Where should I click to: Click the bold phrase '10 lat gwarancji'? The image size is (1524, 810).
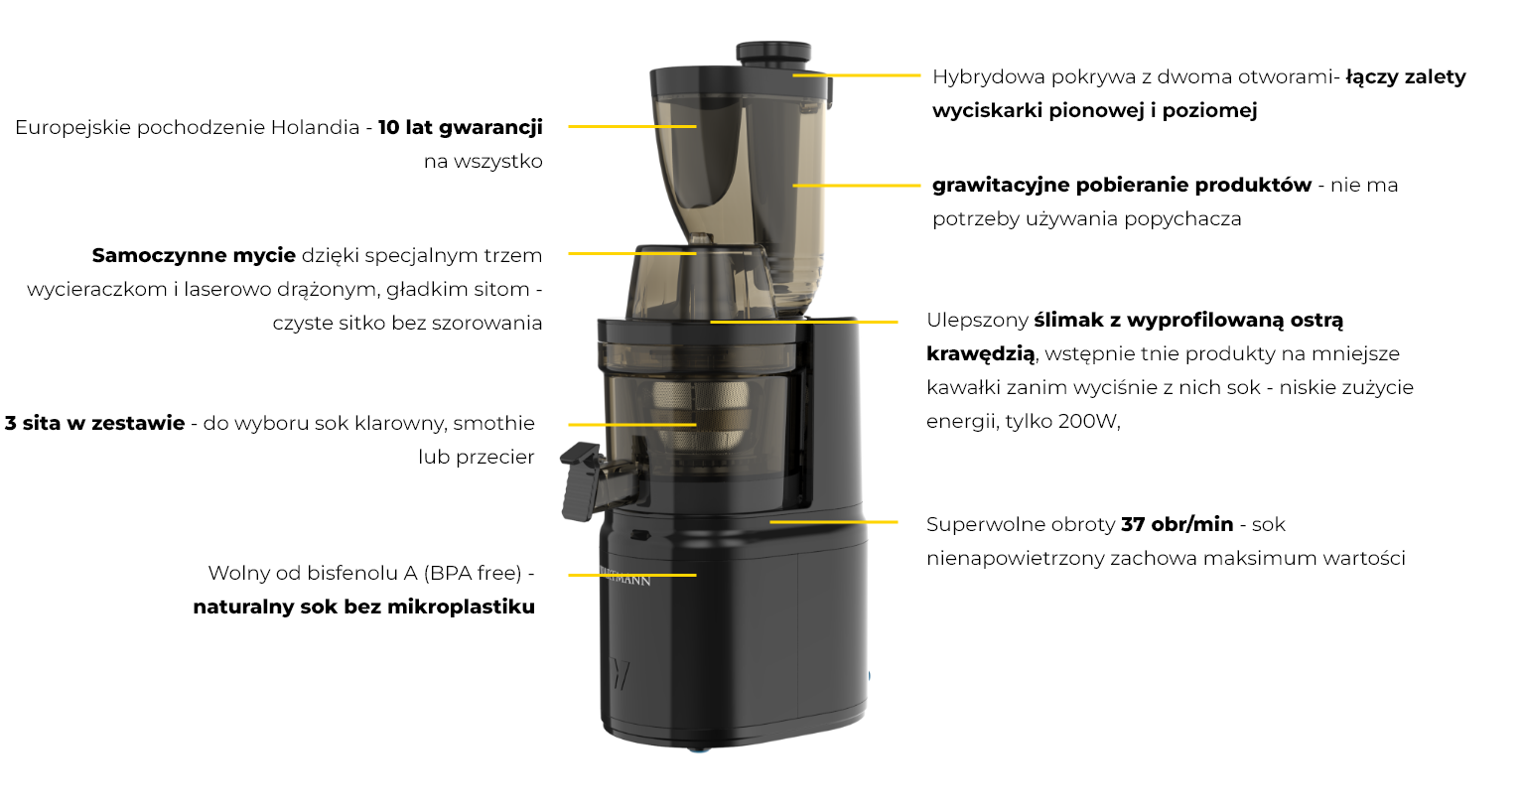pyautogui.click(x=461, y=127)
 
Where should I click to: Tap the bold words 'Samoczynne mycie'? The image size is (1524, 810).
pyautogui.click(x=194, y=255)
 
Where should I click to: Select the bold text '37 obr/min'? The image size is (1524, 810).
pyautogui.click(x=1177, y=524)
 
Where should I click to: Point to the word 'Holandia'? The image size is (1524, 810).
pyautogui.click(x=315, y=127)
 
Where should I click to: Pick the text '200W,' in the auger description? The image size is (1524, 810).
pyautogui.click(x=1089, y=421)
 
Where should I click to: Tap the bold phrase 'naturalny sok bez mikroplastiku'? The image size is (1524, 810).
pyautogui.click(x=363, y=607)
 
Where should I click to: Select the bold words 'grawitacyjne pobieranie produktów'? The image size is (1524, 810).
pyautogui.click(x=1121, y=185)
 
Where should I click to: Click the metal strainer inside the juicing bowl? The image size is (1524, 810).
pyautogui.click(x=700, y=412)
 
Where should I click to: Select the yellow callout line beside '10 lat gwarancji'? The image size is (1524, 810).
pyautogui.click(x=631, y=126)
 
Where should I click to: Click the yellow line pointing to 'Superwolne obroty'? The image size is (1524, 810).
pyautogui.click(x=833, y=521)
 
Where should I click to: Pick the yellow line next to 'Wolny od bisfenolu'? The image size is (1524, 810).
pyautogui.click(x=631, y=575)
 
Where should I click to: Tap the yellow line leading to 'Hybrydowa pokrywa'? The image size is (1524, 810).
pyautogui.click(x=857, y=74)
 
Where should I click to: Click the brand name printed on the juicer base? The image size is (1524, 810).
pyautogui.click(x=627, y=577)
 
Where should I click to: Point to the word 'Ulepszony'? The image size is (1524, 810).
pyautogui.click(x=977, y=320)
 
